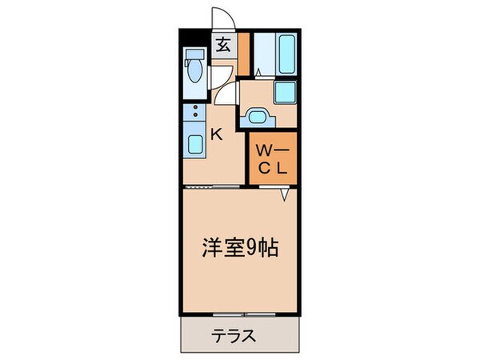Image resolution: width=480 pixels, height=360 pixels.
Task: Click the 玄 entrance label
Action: tap(223, 46)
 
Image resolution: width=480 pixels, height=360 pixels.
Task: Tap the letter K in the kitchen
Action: tap(215, 135)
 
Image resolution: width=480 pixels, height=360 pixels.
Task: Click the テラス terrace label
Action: tap(235, 335)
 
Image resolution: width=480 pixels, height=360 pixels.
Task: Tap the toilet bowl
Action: tap(193, 73)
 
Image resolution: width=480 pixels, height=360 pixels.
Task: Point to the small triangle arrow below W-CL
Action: tap(285, 194)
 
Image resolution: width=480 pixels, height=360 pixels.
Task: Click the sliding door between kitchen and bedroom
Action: tap(212, 186)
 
